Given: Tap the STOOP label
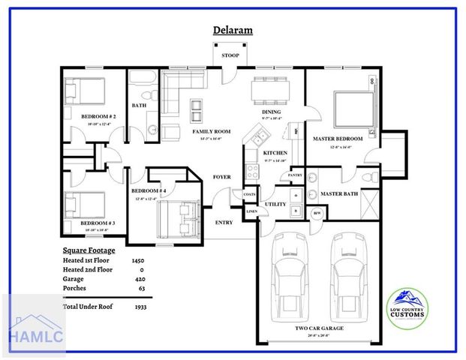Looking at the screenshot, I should [229, 56].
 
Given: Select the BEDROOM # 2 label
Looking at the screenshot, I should [98, 118].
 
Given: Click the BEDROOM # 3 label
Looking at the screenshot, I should [98, 223].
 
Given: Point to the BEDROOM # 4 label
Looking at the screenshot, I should [149, 191].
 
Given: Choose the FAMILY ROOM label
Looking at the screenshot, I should [211, 131].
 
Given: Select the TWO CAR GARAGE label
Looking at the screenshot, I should [320, 328].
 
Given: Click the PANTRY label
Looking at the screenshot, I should [290, 175].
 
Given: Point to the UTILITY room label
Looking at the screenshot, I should [275, 204].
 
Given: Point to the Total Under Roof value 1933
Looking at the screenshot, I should [140, 307].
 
